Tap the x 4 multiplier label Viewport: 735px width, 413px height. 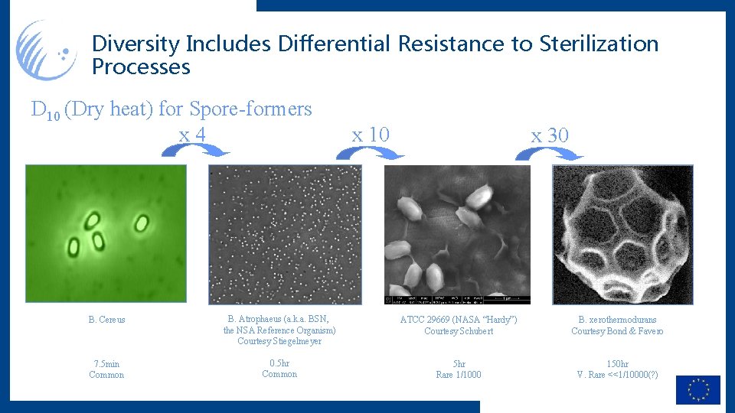click(192, 135)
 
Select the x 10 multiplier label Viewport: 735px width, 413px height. click(371, 135)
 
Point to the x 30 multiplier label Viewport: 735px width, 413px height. click(550, 135)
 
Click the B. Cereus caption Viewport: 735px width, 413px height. click(106, 320)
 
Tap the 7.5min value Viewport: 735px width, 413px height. click(106, 364)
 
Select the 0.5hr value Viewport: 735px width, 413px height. click(279, 363)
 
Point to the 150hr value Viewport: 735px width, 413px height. click(617, 364)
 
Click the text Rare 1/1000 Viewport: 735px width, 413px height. click(459, 375)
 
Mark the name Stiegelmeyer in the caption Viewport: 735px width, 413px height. click(296, 341)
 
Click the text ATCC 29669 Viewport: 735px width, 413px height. click(425, 320)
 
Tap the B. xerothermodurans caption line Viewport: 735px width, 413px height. click(617, 320)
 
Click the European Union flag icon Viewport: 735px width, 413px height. click(697, 390)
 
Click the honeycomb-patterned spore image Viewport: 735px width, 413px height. click(622, 235)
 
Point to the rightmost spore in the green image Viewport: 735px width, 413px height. click(142, 223)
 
